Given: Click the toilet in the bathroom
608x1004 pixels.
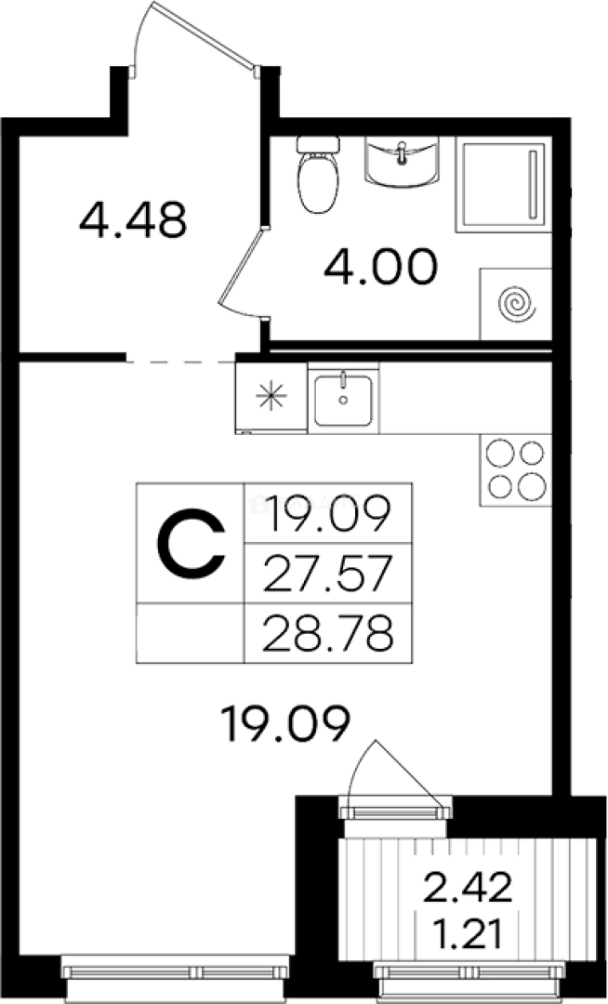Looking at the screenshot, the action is click(x=318, y=174).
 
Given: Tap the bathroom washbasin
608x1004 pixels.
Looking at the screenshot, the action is click(x=402, y=162).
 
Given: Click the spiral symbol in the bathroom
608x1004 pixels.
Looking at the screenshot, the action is click(x=517, y=304).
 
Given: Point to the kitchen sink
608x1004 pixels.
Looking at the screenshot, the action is click(x=343, y=398).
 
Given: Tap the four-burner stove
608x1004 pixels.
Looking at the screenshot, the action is click(x=515, y=470).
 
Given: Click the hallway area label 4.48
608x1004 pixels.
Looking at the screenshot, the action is click(x=133, y=219).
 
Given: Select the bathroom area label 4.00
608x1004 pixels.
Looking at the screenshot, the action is click(x=381, y=267).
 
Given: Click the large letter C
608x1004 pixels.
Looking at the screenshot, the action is click(x=192, y=543).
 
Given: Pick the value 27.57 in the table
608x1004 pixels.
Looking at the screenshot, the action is click(x=327, y=575).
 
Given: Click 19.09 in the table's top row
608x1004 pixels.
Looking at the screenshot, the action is click(x=327, y=514).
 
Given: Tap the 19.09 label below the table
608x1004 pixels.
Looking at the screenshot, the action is click(x=284, y=723).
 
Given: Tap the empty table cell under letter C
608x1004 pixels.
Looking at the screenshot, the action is click(x=190, y=633).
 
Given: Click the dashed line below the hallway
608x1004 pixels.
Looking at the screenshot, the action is click(x=181, y=363).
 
